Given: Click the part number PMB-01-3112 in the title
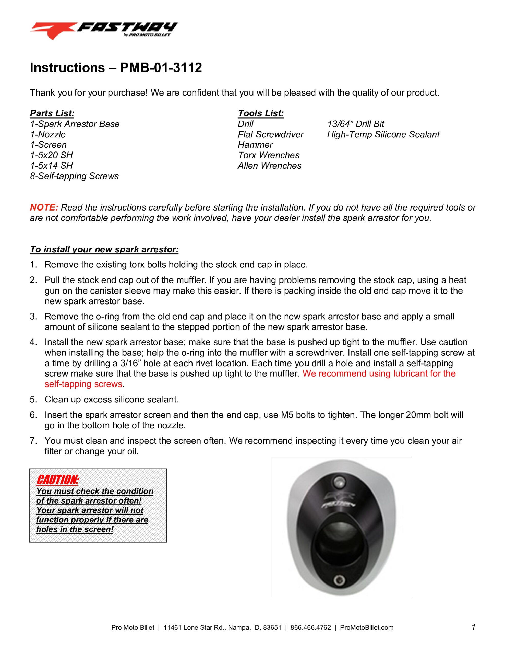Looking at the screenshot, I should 161,68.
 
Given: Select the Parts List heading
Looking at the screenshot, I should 52,113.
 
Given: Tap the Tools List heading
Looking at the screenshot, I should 260,113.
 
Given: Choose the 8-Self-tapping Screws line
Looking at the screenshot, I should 74,176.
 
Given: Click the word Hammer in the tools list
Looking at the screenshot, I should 255,145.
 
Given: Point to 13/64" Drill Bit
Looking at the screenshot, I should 355,124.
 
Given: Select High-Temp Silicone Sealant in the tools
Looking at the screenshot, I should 383,134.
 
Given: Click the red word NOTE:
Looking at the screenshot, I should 44,207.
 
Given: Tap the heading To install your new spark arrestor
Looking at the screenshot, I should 104,249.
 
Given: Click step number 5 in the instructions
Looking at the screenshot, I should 33,400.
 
